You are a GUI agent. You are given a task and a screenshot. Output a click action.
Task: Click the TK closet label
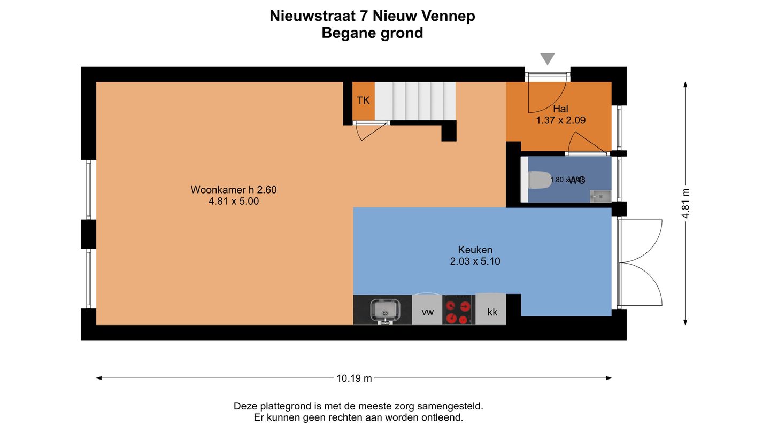pos(363,100)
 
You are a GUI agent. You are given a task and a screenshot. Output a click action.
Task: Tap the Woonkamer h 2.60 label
pos(234,190)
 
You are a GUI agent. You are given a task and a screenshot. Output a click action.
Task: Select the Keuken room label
pos(475,250)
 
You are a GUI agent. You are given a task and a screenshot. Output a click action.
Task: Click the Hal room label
pos(560,109)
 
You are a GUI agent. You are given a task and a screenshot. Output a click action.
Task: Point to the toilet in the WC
pos(538,180)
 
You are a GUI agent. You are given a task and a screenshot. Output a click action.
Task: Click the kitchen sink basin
pos(384,310)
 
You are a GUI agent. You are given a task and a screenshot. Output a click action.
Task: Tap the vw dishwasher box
pos(427,312)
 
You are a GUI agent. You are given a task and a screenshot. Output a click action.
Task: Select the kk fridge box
pos(492,312)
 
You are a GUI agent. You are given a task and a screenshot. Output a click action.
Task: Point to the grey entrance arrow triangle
pos(547,58)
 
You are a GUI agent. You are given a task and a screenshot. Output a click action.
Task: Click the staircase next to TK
pos(415,100)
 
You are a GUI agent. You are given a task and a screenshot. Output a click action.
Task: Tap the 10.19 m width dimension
pos(354,378)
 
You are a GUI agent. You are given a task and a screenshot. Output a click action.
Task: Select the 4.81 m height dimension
pos(686,204)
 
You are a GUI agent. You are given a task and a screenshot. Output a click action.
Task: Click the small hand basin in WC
pos(600,196)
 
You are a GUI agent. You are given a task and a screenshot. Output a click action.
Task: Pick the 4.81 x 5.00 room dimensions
pos(234,202)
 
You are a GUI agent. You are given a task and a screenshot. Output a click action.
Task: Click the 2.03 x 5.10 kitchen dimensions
pos(475,261)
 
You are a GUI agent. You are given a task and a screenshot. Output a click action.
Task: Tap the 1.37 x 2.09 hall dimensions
pos(560,121)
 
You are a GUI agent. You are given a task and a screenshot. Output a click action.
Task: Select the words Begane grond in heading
pos(372,33)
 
